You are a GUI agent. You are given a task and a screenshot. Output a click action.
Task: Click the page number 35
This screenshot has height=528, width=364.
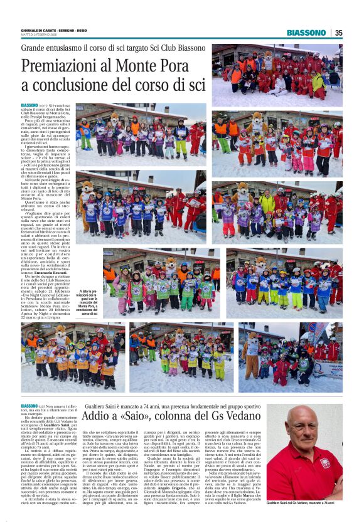pyautogui.click(x=338, y=33)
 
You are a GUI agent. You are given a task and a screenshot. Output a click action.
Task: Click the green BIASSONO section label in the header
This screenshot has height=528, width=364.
pyautogui.click(x=306, y=33)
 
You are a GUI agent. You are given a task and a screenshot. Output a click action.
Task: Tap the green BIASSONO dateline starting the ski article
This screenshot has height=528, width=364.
pyautogui.click(x=29, y=105)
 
